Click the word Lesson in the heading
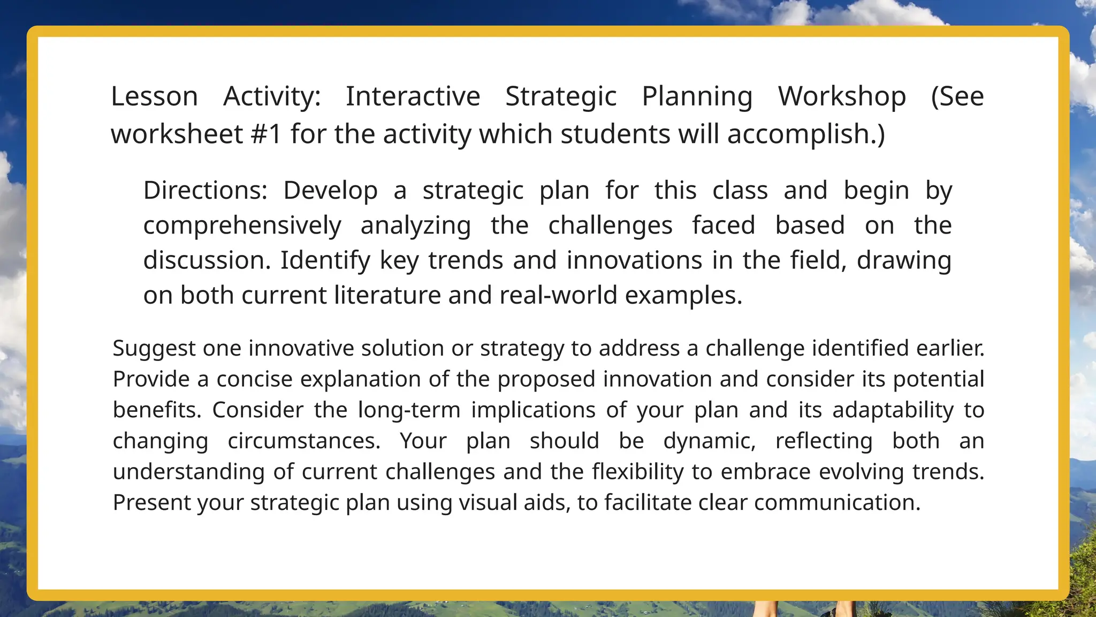[x=154, y=97]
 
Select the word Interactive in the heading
[x=413, y=97]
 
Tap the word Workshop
[x=842, y=97]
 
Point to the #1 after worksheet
[x=266, y=134]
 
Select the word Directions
[x=205, y=191]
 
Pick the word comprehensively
[x=242, y=225]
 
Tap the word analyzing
[x=416, y=225]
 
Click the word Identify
[x=325, y=260]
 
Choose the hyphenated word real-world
[x=558, y=295]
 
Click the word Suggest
[x=154, y=348]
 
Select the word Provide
[x=151, y=379]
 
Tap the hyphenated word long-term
[x=409, y=410]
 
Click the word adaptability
[x=893, y=410]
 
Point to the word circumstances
[x=304, y=441]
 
